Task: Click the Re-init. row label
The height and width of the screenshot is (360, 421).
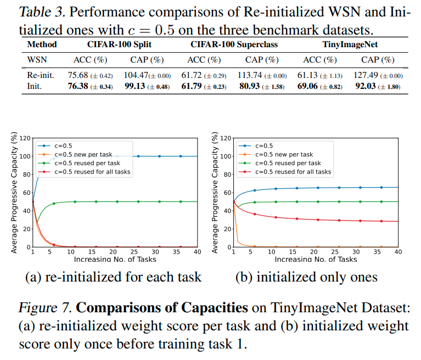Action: (x=41, y=75)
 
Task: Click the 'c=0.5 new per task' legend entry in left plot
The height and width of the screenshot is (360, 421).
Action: (x=90, y=154)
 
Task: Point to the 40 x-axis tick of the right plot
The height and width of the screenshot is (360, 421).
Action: (x=398, y=252)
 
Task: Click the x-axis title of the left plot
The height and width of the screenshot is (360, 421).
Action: (x=114, y=259)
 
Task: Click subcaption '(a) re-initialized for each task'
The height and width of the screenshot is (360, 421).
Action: (x=114, y=277)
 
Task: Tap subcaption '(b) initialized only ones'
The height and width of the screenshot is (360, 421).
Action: (x=306, y=277)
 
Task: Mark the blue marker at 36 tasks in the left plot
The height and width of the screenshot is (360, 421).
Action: (x=181, y=156)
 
